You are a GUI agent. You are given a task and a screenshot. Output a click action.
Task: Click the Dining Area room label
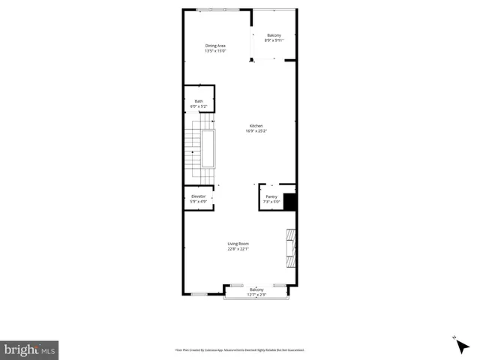(x=216, y=46)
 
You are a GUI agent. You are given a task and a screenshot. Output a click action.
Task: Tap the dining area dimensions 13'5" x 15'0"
(x=216, y=52)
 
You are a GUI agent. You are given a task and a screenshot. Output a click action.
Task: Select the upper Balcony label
(x=274, y=35)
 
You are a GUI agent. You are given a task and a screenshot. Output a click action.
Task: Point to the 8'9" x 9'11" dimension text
(x=274, y=40)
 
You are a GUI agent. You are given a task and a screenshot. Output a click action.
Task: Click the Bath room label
(x=199, y=101)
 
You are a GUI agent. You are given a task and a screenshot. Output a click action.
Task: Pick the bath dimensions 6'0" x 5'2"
(x=199, y=106)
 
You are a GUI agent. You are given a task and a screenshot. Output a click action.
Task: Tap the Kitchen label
(x=256, y=125)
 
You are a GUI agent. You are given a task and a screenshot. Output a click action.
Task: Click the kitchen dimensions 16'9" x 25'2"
(x=256, y=131)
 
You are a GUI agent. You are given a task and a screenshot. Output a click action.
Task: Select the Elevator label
(x=198, y=196)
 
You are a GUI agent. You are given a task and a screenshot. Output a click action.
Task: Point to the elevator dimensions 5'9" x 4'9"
(x=198, y=201)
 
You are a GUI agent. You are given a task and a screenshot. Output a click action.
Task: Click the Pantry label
(x=271, y=196)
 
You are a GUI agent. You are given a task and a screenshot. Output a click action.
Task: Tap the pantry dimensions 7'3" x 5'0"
(x=271, y=202)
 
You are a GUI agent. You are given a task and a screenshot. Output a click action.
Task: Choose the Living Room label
(x=238, y=244)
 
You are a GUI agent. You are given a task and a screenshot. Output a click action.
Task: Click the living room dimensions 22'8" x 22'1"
(x=238, y=249)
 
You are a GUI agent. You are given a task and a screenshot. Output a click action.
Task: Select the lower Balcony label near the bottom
(x=256, y=289)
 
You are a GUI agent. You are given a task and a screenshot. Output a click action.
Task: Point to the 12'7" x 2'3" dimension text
(x=256, y=295)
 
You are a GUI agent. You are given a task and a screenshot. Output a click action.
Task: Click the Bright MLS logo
(x=29, y=349)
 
